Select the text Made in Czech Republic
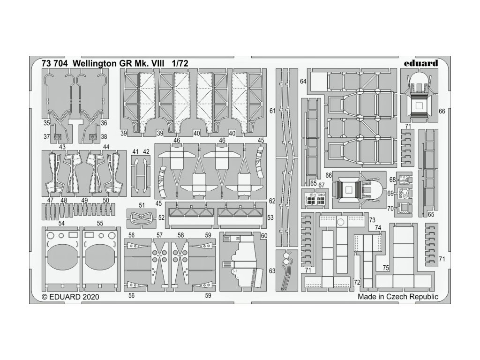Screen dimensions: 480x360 pos(397,297)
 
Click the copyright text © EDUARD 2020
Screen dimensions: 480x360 pos(70,297)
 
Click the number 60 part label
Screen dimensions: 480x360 pos(264,235)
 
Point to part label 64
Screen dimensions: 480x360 pos(303,82)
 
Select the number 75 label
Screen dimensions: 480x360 pos(385,269)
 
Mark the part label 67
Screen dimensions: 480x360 pos(322,185)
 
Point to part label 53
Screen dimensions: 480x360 pos(270,217)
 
